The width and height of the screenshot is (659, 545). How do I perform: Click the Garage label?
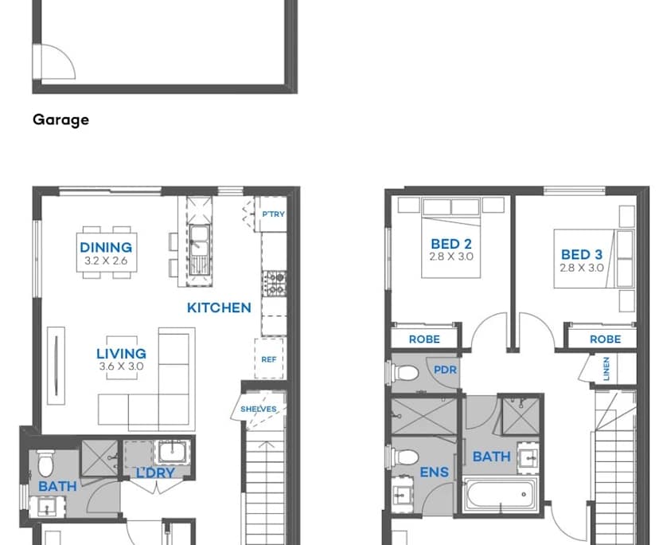pos(60,120)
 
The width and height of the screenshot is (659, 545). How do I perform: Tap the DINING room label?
pos(106,247)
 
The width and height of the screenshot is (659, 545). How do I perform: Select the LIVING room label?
pos(121,354)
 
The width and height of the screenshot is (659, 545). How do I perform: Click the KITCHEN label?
pos(219,308)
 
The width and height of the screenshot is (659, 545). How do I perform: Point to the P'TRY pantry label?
pos(273,214)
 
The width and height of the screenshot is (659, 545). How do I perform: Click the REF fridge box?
pos(269,359)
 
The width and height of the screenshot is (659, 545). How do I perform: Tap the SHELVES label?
pos(259,410)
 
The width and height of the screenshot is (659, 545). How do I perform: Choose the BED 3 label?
pos(581,255)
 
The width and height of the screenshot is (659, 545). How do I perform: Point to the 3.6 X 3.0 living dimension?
pos(121,367)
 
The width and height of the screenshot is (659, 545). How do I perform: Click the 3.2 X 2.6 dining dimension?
pos(106,261)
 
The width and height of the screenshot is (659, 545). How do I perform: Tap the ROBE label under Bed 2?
pos(424,339)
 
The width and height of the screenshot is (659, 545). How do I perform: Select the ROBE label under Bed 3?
pos(605,339)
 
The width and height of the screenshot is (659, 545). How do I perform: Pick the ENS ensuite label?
pos(435,472)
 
